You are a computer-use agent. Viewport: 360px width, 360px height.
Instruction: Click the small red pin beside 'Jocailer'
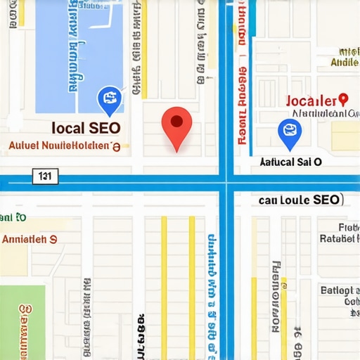click(x=343, y=101)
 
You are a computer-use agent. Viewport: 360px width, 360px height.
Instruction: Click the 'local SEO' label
click(x=86, y=128)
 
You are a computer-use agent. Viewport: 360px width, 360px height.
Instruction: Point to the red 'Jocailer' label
click(x=311, y=101)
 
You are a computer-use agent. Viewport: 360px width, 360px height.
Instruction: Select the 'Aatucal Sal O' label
click(x=290, y=162)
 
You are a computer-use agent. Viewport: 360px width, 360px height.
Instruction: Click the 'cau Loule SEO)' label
click(x=299, y=200)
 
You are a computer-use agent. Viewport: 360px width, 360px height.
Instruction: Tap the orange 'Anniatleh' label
click(x=30, y=238)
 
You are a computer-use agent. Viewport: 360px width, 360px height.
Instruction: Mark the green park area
click(x=21, y=320)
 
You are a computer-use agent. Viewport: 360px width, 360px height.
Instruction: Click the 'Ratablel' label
click(x=337, y=238)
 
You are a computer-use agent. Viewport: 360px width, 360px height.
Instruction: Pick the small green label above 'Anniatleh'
click(x=13, y=217)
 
